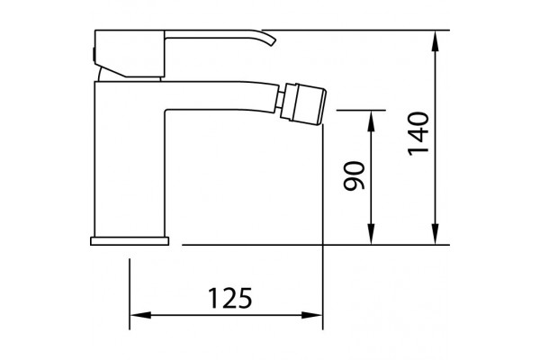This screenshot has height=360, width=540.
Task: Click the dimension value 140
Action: [x=418, y=134]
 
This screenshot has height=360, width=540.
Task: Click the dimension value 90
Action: [x=354, y=175]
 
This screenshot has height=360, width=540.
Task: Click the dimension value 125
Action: [x=230, y=298]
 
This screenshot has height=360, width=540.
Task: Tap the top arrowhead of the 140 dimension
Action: [x=436, y=40]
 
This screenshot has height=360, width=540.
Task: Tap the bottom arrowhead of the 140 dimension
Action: [x=436, y=234]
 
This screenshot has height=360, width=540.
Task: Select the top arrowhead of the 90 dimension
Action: [x=371, y=121]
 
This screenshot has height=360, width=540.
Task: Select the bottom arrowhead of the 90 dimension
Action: [x=371, y=234]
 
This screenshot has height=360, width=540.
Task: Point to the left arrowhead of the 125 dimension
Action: [x=140, y=315]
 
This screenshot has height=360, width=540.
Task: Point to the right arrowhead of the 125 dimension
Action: [x=311, y=315]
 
